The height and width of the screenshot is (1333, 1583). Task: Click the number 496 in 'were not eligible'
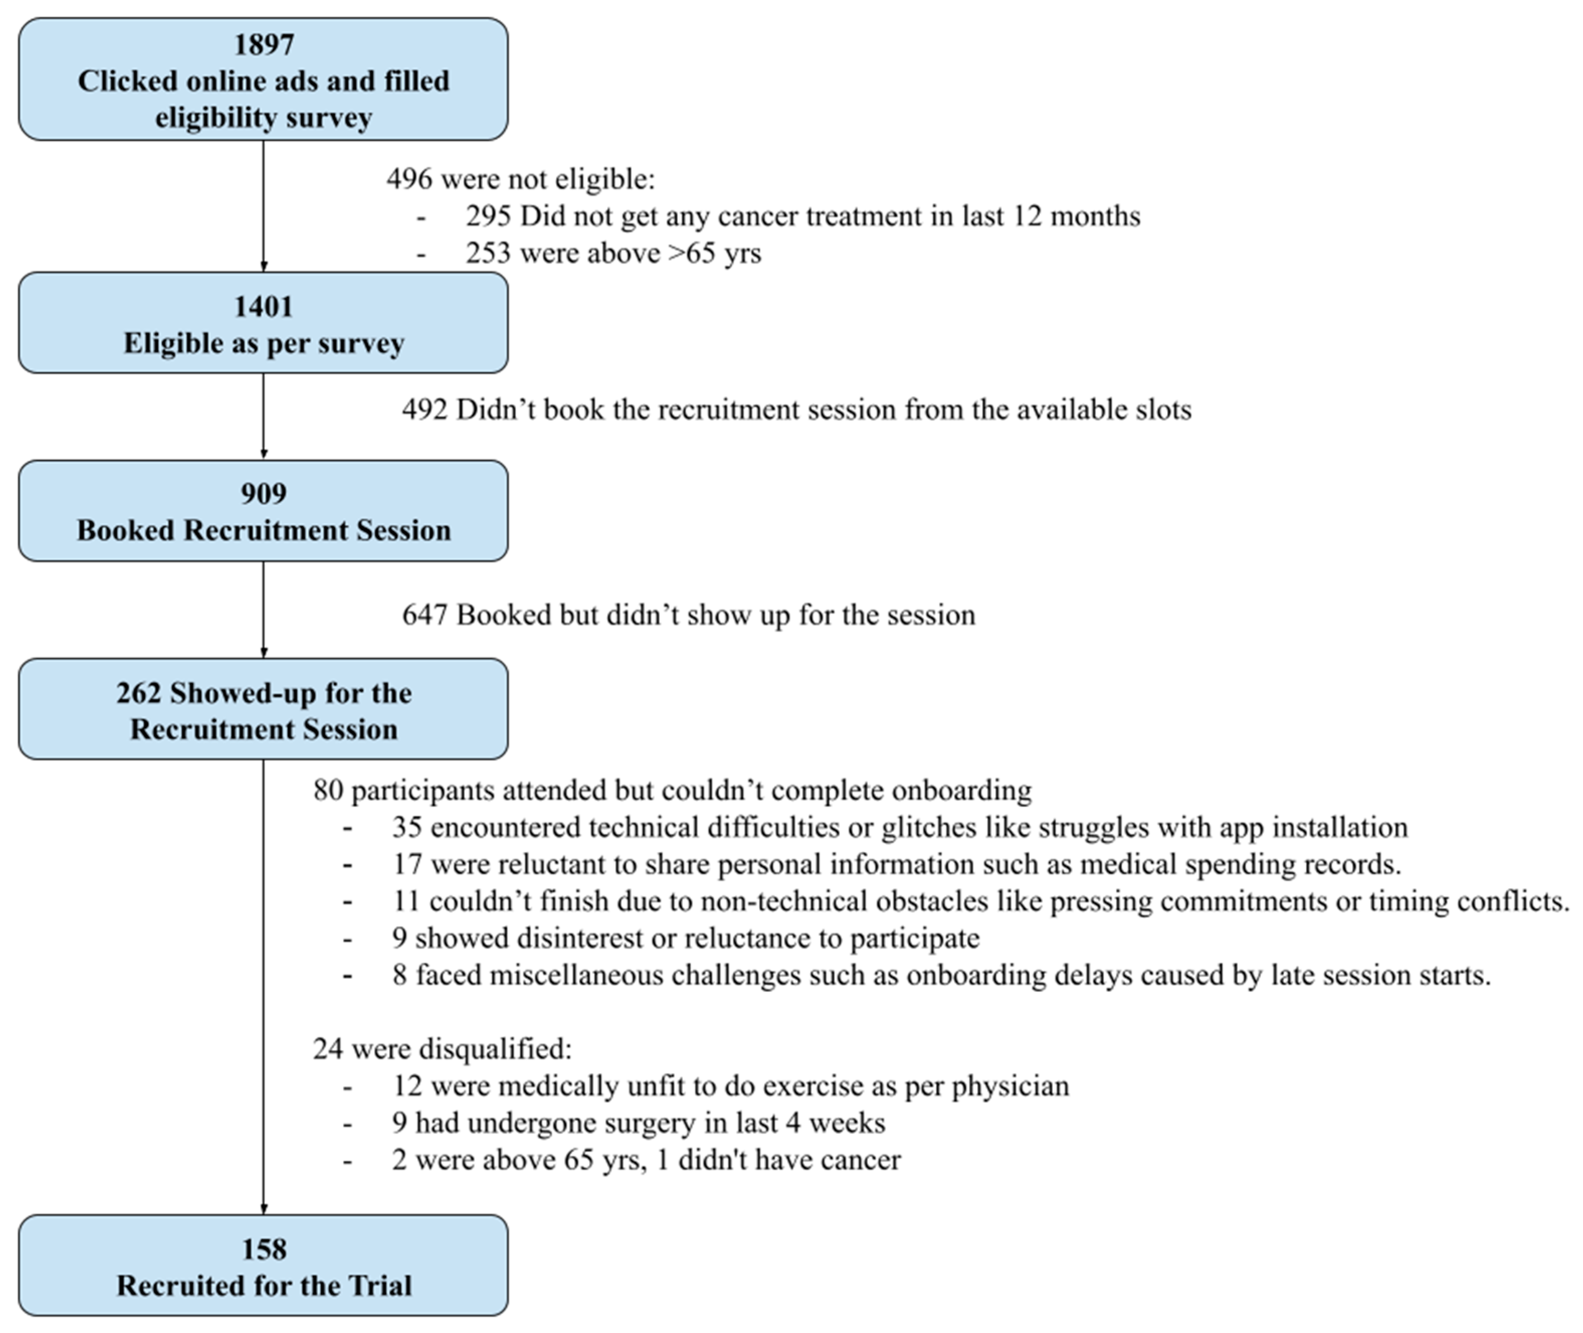click(409, 179)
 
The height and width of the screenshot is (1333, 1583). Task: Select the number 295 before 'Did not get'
click(488, 216)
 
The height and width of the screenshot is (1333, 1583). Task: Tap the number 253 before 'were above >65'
click(488, 253)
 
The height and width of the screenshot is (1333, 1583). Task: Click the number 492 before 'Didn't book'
click(424, 409)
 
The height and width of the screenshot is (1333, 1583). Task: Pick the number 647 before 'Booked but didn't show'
click(424, 615)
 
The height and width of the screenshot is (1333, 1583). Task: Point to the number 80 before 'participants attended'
click(328, 790)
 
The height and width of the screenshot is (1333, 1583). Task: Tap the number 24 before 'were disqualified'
click(328, 1049)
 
